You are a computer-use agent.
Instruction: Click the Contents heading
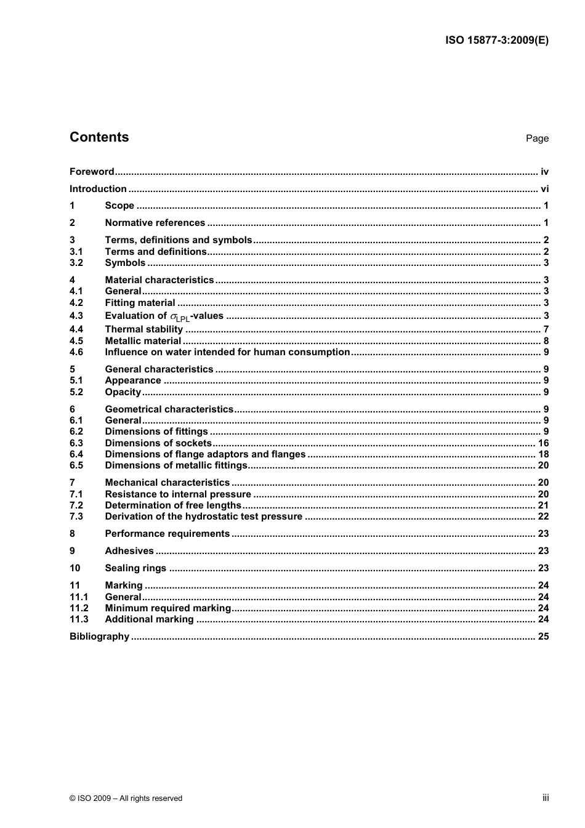tap(99, 137)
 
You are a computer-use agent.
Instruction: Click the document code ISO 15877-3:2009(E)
tap(496, 41)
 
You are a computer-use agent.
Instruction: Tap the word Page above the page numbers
tap(537, 139)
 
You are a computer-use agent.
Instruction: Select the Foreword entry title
tap(92, 172)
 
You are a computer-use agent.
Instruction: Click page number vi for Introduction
tap(544, 189)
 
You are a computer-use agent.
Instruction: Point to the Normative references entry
tap(155, 223)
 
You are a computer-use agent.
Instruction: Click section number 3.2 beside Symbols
tap(76, 263)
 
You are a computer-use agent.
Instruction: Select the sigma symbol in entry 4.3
tap(174, 316)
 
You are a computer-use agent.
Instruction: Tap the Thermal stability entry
tap(143, 329)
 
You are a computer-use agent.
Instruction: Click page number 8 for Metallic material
tap(546, 341)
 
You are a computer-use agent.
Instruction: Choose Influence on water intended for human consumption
tap(227, 352)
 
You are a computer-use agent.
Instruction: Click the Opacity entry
tap(123, 392)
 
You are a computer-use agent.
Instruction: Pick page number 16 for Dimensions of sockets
tap(543, 443)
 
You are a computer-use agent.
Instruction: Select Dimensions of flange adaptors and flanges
tap(205, 454)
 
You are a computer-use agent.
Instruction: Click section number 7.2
tap(76, 505)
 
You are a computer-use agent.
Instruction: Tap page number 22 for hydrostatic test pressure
tap(543, 516)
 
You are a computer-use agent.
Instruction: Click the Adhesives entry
tap(129, 551)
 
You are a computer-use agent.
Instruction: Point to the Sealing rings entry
tap(135, 568)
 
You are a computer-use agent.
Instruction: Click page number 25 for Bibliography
tap(543, 637)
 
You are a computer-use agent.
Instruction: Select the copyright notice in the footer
tap(126, 798)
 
